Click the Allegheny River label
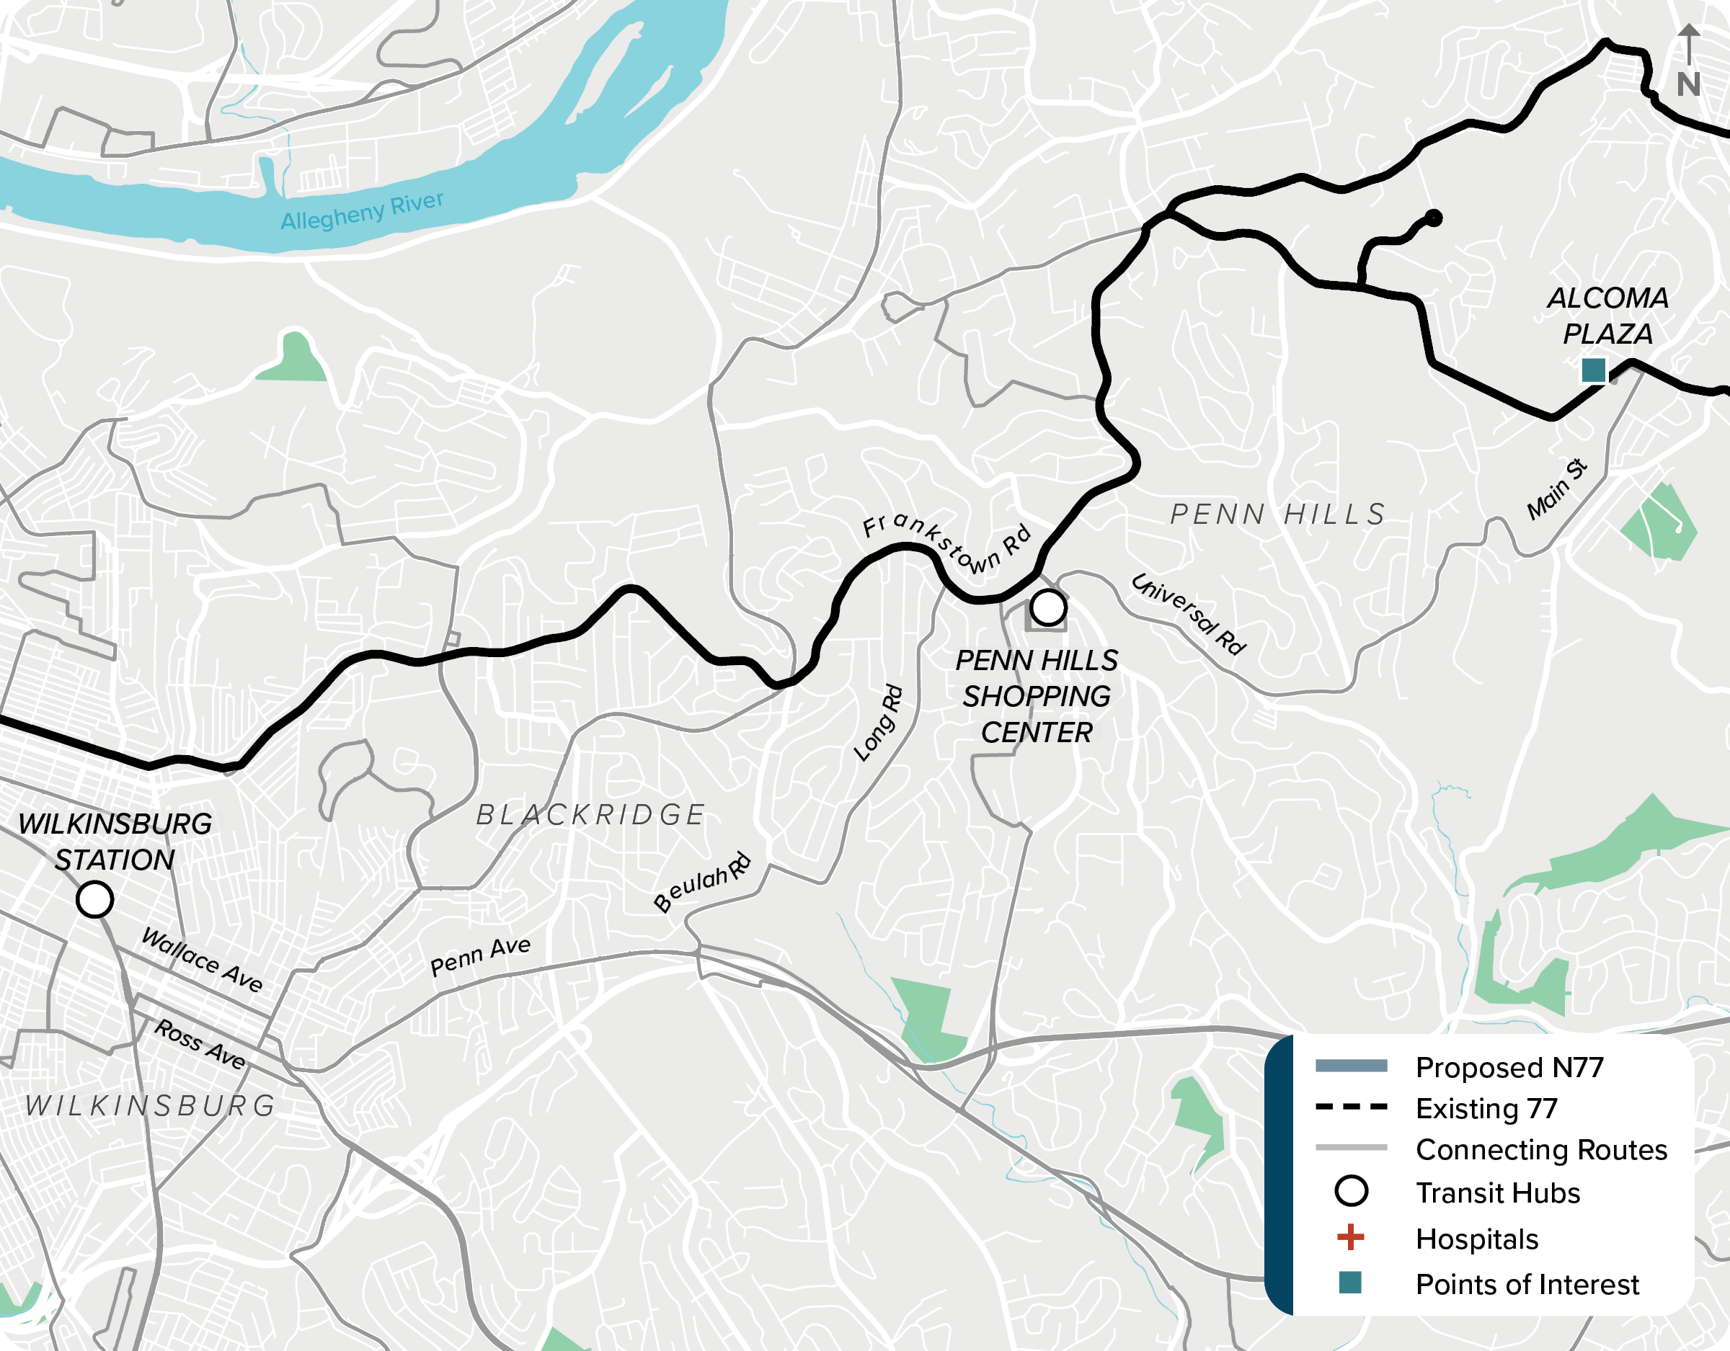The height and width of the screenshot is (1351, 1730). click(x=362, y=210)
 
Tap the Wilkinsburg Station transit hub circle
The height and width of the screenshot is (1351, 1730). click(x=94, y=900)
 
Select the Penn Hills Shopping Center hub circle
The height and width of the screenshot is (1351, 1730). click(x=1048, y=607)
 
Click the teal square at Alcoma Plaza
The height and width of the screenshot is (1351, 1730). click(x=1593, y=370)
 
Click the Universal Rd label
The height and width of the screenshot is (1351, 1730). click(x=1187, y=614)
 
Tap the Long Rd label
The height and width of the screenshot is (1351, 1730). click(x=879, y=722)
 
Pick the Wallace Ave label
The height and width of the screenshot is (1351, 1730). click(x=202, y=960)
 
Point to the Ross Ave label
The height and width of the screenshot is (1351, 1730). click(x=200, y=1044)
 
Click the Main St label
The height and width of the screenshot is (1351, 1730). click(x=1556, y=489)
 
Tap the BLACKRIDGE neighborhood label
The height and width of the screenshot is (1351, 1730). click(x=590, y=815)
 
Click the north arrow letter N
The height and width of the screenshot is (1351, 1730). click(x=1688, y=85)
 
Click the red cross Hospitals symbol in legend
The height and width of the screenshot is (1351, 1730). click(x=1351, y=1238)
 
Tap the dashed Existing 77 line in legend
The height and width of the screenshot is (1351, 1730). click(x=1351, y=1107)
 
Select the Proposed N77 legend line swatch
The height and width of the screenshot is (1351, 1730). click(x=1351, y=1066)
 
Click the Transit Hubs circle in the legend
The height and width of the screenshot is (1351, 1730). click(x=1351, y=1191)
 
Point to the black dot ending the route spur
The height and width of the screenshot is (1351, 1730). click(x=1433, y=218)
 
